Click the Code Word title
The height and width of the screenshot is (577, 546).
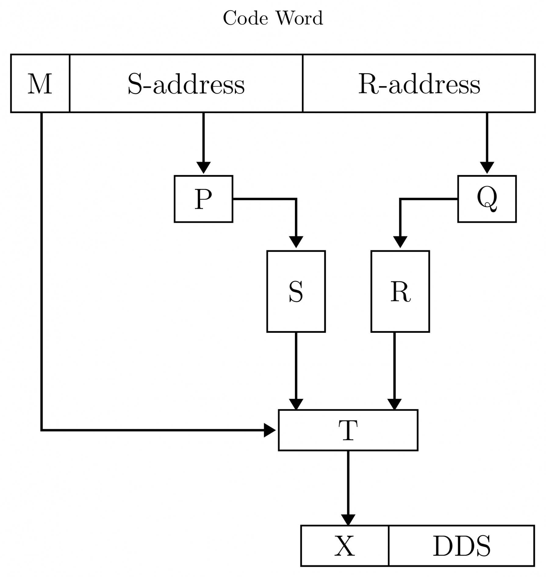pos(273,18)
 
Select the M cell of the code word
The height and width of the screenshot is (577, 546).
pos(40,84)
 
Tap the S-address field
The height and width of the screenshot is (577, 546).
pos(186,84)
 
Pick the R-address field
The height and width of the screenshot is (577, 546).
pos(419,84)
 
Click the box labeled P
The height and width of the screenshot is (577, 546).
pos(203,199)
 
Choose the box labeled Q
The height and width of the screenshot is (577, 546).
pos(487,199)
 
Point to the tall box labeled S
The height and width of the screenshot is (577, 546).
pos(296,291)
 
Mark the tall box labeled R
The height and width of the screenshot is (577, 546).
pos(400,291)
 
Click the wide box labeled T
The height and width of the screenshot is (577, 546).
pos(348,430)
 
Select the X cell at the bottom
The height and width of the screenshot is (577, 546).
pos(345,546)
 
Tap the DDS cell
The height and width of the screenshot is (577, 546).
pos(462,546)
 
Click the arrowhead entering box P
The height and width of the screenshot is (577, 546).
pos(203,168)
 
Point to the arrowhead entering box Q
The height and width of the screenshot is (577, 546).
pos(487,168)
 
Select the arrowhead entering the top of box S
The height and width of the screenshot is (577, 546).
pos(296,242)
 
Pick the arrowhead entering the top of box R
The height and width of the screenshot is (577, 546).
pos(400,242)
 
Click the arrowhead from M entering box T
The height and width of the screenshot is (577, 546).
pos(270,430)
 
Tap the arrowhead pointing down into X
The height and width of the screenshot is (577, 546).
pos(348,519)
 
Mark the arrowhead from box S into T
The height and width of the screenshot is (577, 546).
pos(296,404)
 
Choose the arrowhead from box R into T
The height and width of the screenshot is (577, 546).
pos(394,404)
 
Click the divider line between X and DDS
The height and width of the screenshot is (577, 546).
pos(389,546)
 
